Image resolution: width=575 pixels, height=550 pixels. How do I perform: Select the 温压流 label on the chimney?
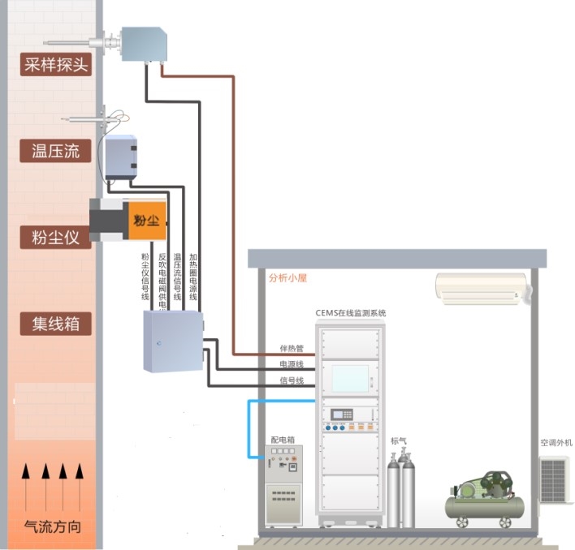pyautogui.click(x=54, y=151)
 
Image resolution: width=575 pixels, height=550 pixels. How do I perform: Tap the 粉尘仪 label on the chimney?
pyautogui.click(x=54, y=238)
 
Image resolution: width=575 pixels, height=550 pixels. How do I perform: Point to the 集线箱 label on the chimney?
pyautogui.click(x=54, y=324)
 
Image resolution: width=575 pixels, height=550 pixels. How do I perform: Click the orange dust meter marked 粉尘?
pyautogui.click(x=144, y=220)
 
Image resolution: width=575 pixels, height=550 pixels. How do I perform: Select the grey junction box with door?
pyautogui.click(x=173, y=342)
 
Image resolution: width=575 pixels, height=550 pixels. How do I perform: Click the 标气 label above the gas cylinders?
pyautogui.click(x=399, y=441)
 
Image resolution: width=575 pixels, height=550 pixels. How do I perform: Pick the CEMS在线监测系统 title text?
pyautogui.click(x=350, y=312)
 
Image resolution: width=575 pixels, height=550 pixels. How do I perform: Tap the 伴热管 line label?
pyautogui.click(x=291, y=350)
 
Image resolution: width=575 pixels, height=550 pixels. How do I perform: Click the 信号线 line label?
pyautogui.click(x=291, y=380)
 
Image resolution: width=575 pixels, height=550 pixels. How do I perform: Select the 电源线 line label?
pyautogui.click(x=291, y=365)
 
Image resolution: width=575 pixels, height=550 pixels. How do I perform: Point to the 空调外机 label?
pyautogui.click(x=556, y=443)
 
